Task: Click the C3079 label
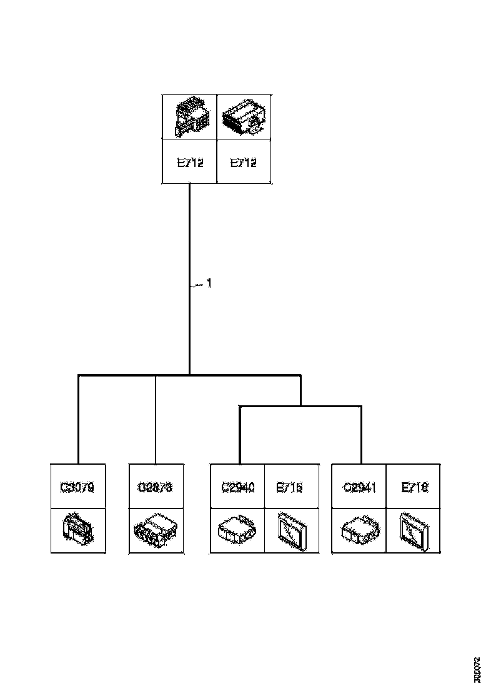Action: click(78, 487)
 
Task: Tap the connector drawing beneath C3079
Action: click(78, 531)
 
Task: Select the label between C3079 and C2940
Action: click(156, 487)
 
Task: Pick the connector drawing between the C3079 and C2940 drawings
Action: click(156, 531)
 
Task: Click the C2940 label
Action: click(238, 487)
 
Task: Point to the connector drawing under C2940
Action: click(238, 531)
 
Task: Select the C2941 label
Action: click(359, 487)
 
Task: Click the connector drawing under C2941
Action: click(359, 531)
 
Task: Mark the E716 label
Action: click(414, 487)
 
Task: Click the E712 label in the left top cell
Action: click(190, 163)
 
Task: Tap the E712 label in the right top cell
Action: click(244, 163)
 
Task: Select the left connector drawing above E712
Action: click(190, 117)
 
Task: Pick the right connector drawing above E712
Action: click(244, 117)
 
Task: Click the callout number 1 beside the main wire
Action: click(209, 283)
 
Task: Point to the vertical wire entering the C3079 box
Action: click(78, 425)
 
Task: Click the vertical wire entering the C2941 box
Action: click(362, 438)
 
